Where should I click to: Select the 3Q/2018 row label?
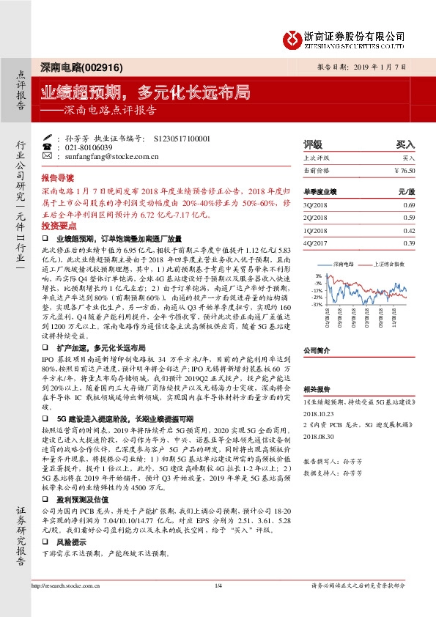pyautogui.click(x=315, y=204)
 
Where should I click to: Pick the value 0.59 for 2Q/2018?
pyautogui.click(x=408, y=217)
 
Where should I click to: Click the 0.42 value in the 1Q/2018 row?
pyautogui.click(x=408, y=230)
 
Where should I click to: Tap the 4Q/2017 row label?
pyautogui.click(x=315, y=243)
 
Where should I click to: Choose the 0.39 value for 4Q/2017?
pyautogui.click(x=408, y=243)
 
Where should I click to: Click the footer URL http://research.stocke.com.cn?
pyautogui.click(x=67, y=585)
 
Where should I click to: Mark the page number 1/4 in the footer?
pyautogui.click(x=218, y=585)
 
